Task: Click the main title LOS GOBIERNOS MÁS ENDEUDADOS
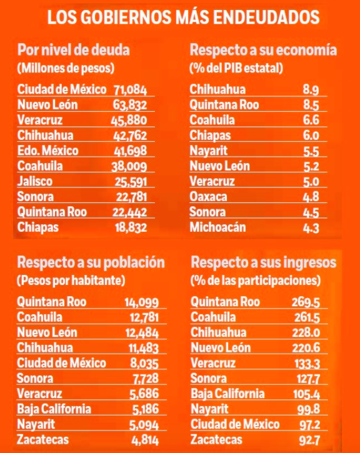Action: coord(184,17)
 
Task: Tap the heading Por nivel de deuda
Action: coord(74,49)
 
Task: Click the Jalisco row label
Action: coord(35,181)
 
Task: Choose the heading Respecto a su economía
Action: coord(263,49)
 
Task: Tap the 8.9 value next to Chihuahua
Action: coord(311,89)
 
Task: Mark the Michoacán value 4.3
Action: coord(311,227)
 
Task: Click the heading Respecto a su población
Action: coord(91,261)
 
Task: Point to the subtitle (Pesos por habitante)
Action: coord(71,279)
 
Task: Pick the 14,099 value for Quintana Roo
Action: coord(142,302)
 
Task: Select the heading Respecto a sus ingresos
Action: coord(263,261)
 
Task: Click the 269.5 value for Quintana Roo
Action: coord(306,302)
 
